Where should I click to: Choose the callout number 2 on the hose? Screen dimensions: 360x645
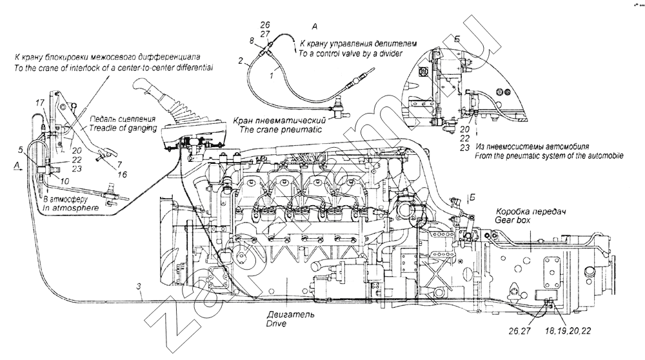[x=240, y=61]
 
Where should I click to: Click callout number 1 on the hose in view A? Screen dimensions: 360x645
[x=271, y=75]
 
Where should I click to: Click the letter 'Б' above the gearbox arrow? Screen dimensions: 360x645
[x=471, y=197]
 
